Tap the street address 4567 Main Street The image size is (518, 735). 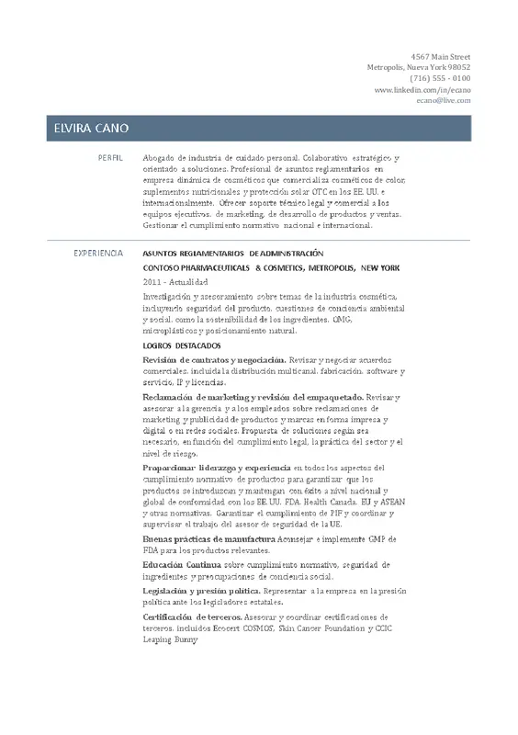tap(440, 57)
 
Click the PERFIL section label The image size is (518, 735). tap(110, 158)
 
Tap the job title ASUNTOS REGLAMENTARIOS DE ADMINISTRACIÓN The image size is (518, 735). tap(234, 252)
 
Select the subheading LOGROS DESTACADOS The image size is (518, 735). tap(182, 345)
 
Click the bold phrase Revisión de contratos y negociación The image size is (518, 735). tap(214, 359)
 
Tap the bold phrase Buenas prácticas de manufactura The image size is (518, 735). tap(209, 538)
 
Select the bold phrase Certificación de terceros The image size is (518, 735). tap(192, 616)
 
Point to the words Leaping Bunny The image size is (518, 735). tap(171, 639)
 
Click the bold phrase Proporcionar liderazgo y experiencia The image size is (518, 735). tap(217, 469)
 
